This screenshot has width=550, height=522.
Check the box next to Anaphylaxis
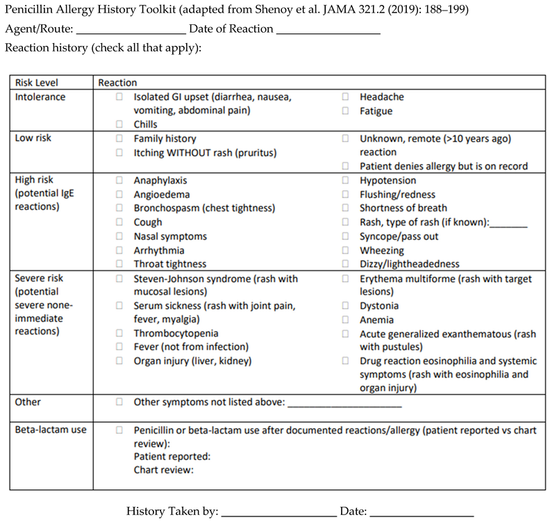pos(119,181)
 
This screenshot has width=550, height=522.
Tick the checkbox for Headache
pos(345,97)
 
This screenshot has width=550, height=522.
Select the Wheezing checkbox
pos(345,250)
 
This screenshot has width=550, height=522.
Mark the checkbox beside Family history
pos(119,139)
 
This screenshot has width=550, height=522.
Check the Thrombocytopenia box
pos(119,333)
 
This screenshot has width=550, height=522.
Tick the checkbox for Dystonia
pos(345,306)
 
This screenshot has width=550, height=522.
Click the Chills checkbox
pos(119,125)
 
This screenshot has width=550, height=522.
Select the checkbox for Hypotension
pos(345,181)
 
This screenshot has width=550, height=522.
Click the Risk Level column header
pos(34,83)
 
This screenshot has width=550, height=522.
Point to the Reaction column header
pos(117,83)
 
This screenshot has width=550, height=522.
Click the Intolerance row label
pos(40,97)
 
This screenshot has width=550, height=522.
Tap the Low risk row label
pos(33,138)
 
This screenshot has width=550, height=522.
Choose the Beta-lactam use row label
pos(51,430)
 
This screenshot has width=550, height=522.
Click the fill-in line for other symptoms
pos(344,404)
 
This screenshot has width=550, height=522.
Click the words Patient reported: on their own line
pos(172,457)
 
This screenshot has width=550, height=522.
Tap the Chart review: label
pos(163,470)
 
